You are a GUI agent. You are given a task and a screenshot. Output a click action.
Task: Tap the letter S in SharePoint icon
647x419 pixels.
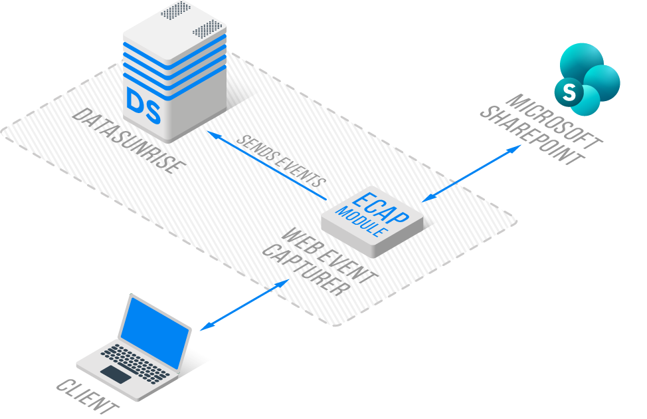569,91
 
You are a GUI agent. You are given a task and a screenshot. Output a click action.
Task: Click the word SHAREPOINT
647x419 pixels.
532,136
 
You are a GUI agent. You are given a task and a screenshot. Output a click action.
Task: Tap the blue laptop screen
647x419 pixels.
155,331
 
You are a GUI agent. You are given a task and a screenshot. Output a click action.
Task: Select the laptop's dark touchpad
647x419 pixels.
116,374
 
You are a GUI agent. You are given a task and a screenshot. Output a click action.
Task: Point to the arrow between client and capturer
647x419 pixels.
245,304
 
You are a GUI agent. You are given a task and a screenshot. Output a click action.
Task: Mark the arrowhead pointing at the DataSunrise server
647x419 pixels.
211,134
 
